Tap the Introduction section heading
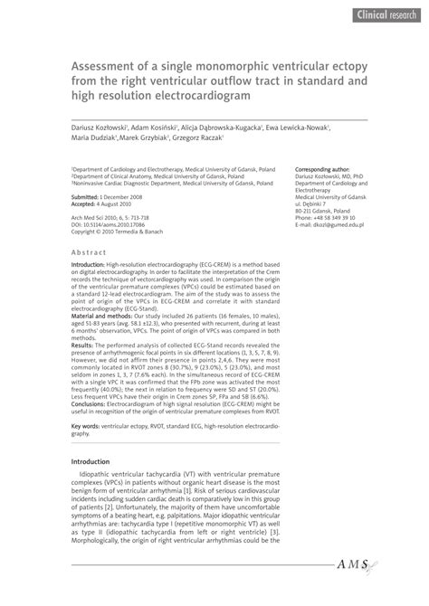coord(100,487)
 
